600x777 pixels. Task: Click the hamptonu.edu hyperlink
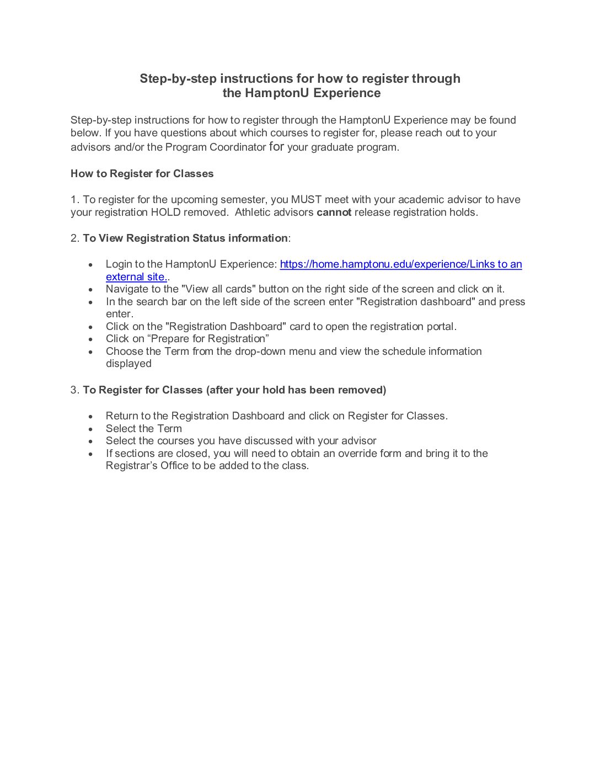click(400, 264)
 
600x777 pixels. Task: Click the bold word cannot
click(334, 212)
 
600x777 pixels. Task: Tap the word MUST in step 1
click(303, 200)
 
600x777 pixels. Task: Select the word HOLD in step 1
click(165, 212)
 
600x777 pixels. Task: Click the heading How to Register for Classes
click(142, 174)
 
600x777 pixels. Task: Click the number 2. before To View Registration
click(75, 238)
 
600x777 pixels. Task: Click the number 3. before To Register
click(75, 390)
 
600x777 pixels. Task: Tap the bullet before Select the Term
click(91, 429)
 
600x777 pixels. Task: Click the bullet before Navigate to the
click(91, 289)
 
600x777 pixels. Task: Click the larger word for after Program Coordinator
click(276, 147)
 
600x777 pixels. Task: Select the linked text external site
click(136, 277)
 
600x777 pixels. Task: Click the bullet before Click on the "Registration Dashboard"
click(91, 327)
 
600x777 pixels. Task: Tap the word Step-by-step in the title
click(178, 79)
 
